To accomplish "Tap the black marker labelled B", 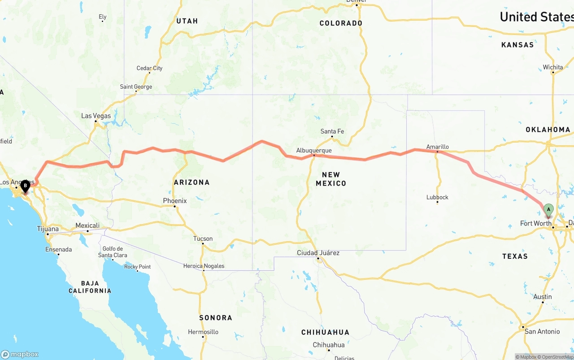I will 26,185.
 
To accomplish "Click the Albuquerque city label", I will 314,151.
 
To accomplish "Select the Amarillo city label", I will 437,147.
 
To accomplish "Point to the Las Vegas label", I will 96,116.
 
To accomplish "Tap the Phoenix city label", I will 175,201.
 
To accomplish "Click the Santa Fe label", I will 332,131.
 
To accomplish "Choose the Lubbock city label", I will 437,197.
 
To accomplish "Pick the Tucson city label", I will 203,239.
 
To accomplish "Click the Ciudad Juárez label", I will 318,253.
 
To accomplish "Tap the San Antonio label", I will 542,331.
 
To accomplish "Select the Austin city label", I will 543,297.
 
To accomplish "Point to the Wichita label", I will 552,67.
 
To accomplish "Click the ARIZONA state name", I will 191,182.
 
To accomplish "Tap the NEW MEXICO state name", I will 331,179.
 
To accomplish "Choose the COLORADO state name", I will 341,23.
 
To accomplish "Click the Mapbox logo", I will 20,354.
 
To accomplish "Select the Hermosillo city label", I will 203,332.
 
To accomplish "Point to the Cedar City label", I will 149,68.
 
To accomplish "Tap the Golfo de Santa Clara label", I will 113,252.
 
